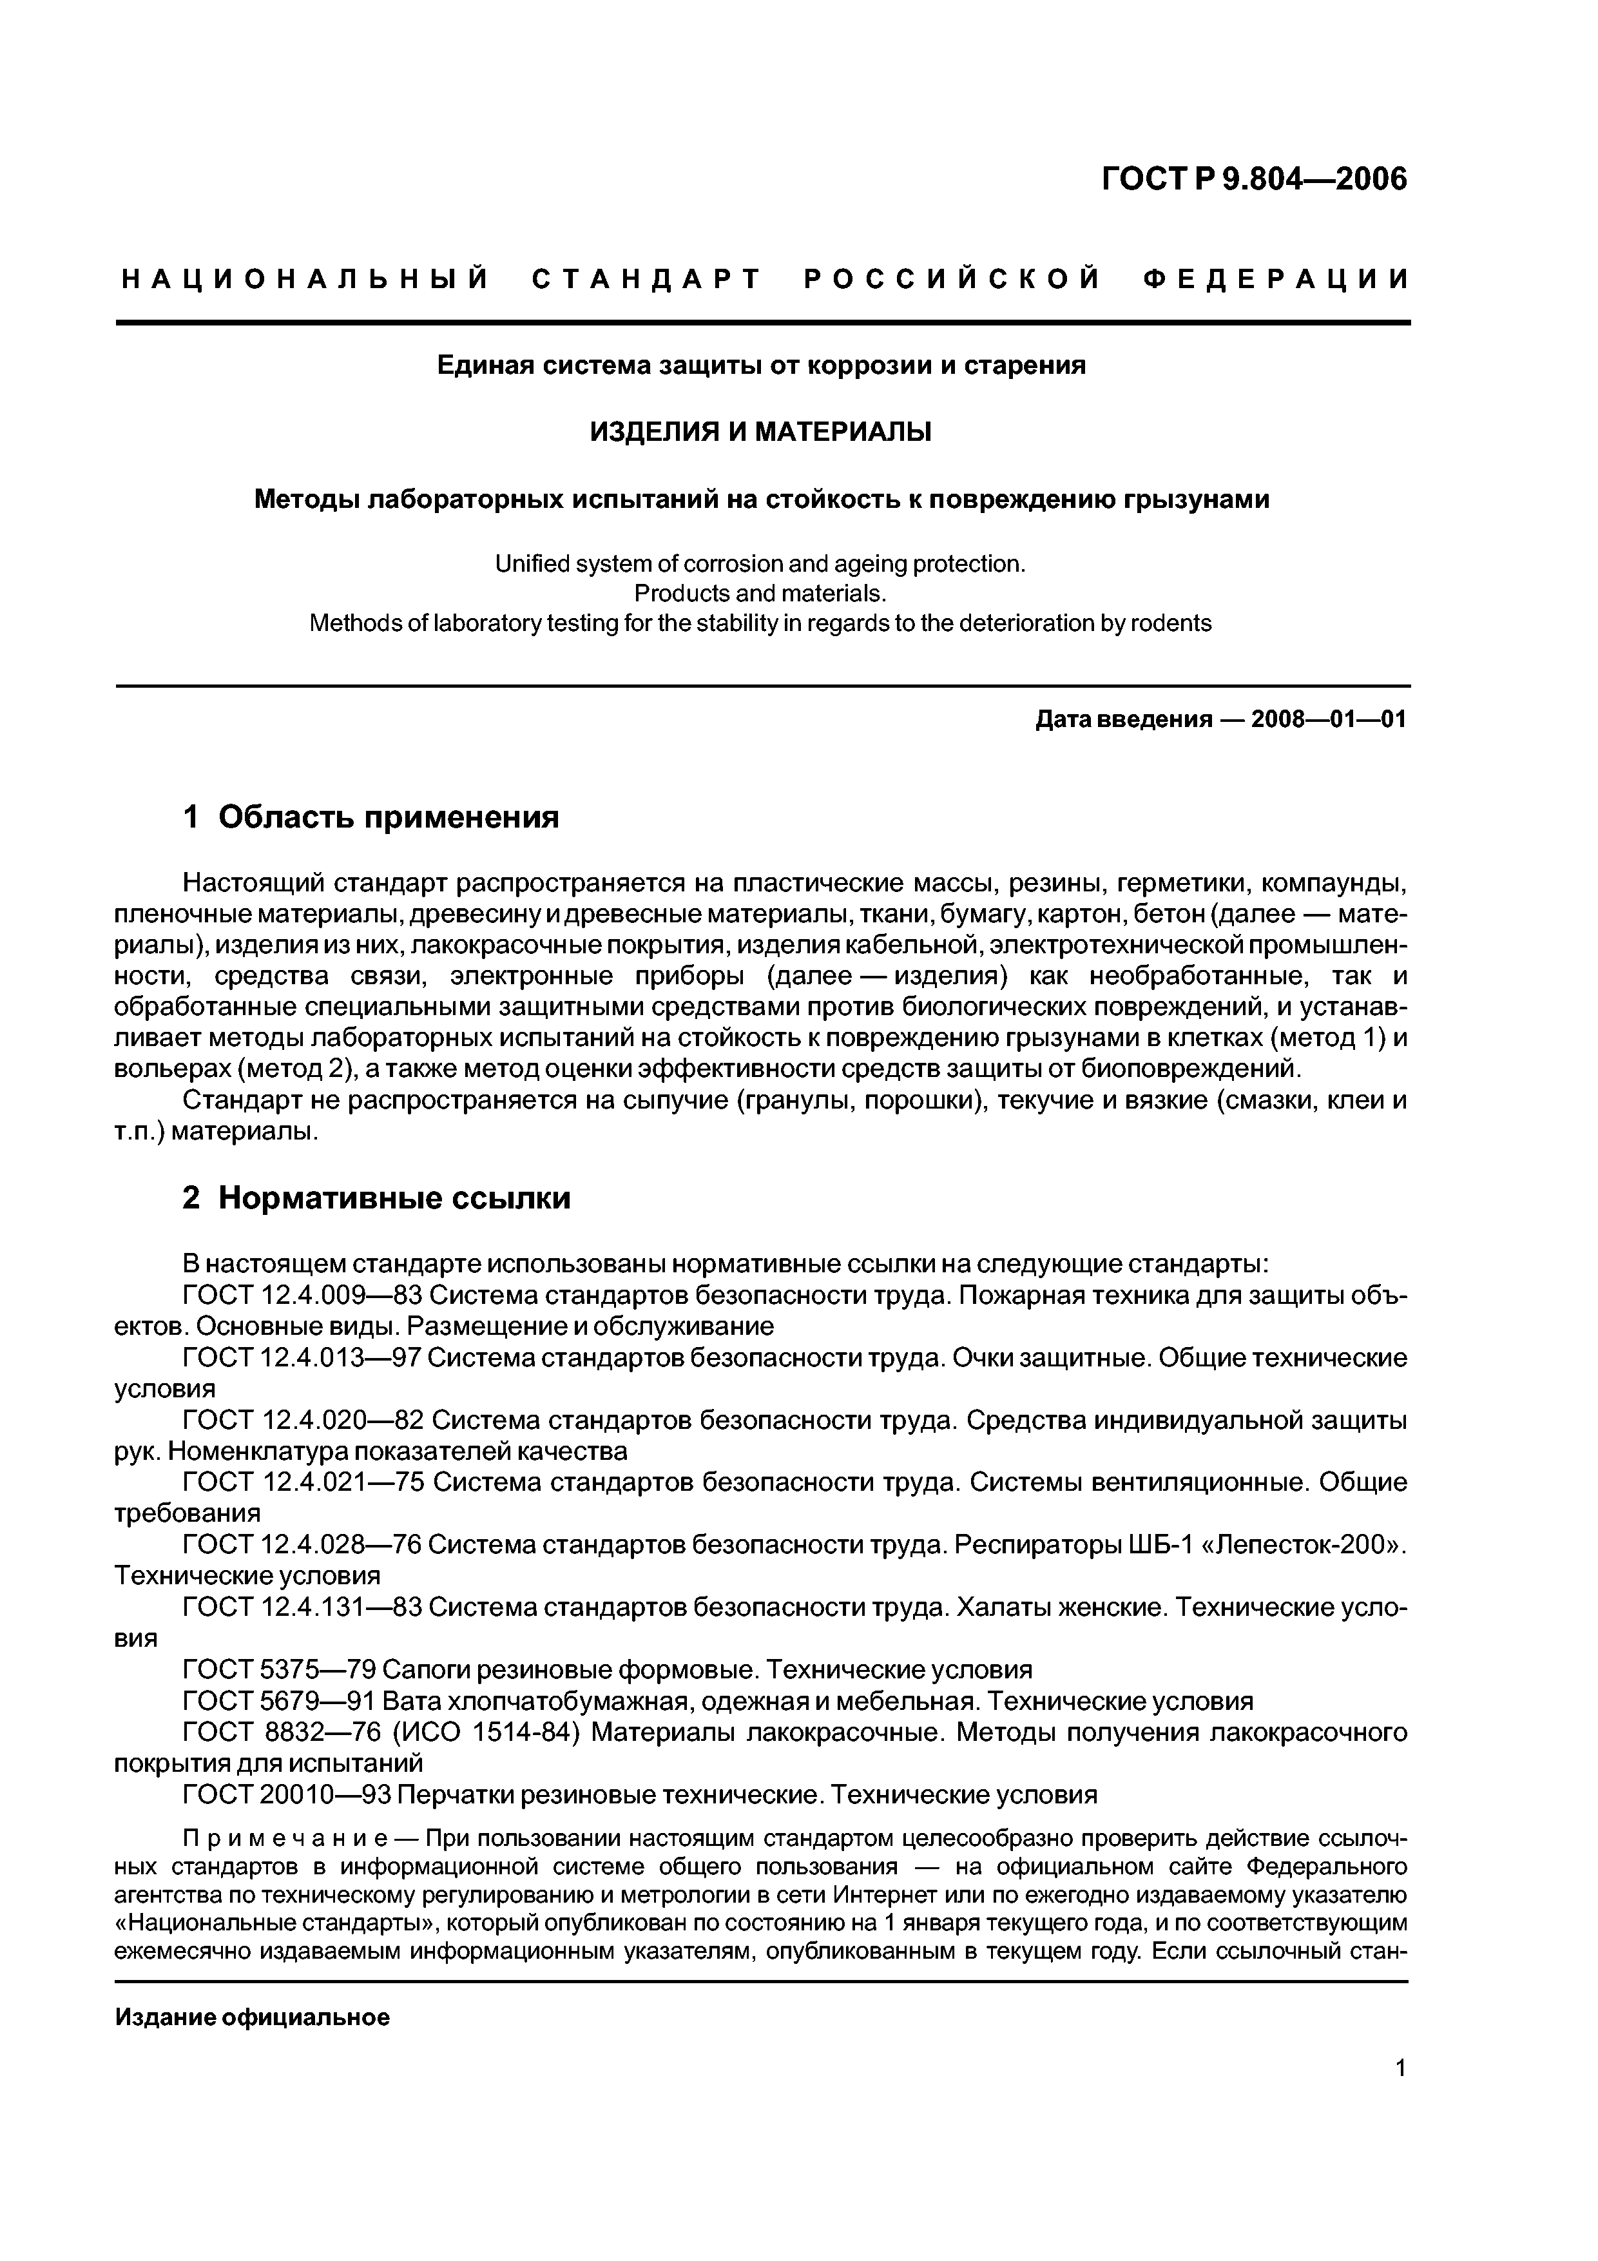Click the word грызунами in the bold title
(1195, 500)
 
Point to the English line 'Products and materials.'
(760, 593)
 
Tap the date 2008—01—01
(1328, 720)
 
